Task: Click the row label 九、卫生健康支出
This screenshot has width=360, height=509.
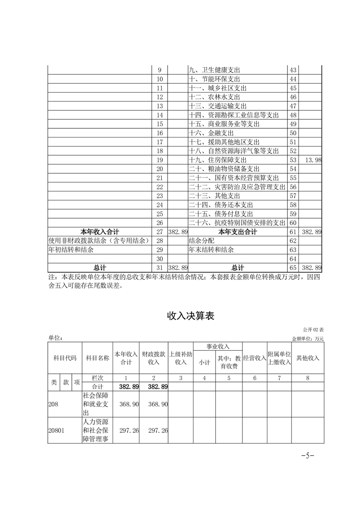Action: pos(213,70)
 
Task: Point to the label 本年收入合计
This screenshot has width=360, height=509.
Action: pos(99,232)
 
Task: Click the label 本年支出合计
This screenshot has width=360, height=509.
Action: pos(237,232)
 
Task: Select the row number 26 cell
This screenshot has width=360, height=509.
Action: pos(159,223)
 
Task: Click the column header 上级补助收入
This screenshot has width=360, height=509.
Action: pos(181,358)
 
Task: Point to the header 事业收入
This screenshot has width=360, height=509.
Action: pos(218,347)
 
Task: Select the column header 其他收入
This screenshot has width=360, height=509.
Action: pos(307,358)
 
